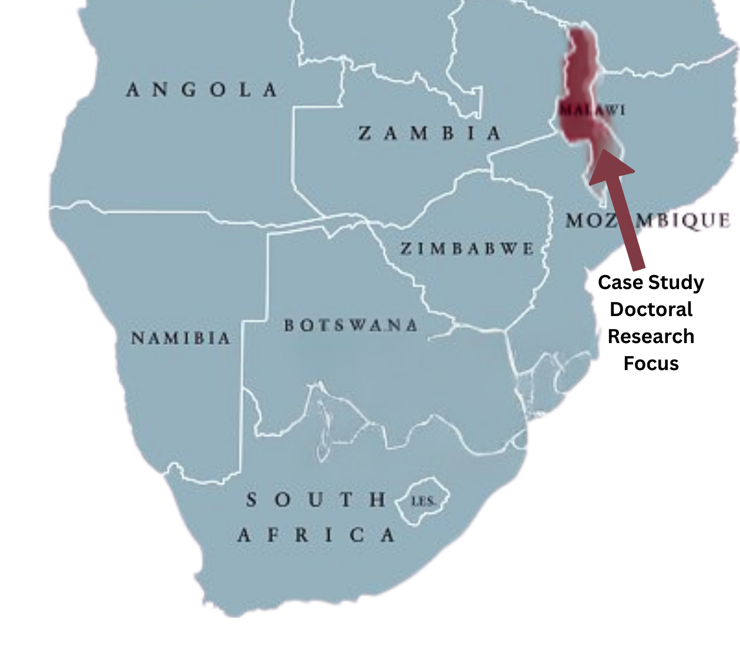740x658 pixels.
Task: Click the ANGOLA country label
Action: coord(202,90)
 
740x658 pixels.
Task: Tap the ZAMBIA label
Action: coord(430,133)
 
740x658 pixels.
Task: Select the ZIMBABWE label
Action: coord(467,249)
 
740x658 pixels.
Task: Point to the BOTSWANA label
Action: coord(351,325)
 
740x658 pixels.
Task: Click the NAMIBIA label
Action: coord(181,338)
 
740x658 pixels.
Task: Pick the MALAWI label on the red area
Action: coord(592,110)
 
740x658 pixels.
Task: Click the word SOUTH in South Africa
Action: coord(317,500)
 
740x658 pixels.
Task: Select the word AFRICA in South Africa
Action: coord(317,535)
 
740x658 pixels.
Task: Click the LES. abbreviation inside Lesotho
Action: coord(423,501)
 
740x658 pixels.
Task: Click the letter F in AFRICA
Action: coord(274,535)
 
